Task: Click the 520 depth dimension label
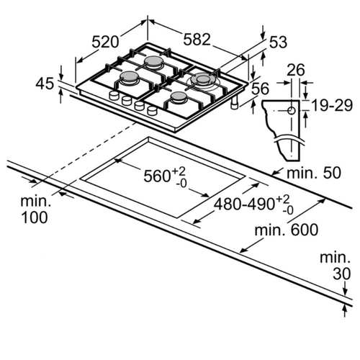click(105, 42)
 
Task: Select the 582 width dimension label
click(197, 40)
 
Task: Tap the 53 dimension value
click(278, 42)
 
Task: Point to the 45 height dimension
click(45, 84)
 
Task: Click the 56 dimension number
click(261, 89)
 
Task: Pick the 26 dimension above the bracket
click(296, 70)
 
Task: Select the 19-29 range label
click(332, 105)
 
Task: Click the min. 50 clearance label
click(314, 173)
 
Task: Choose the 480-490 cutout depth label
click(244, 204)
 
